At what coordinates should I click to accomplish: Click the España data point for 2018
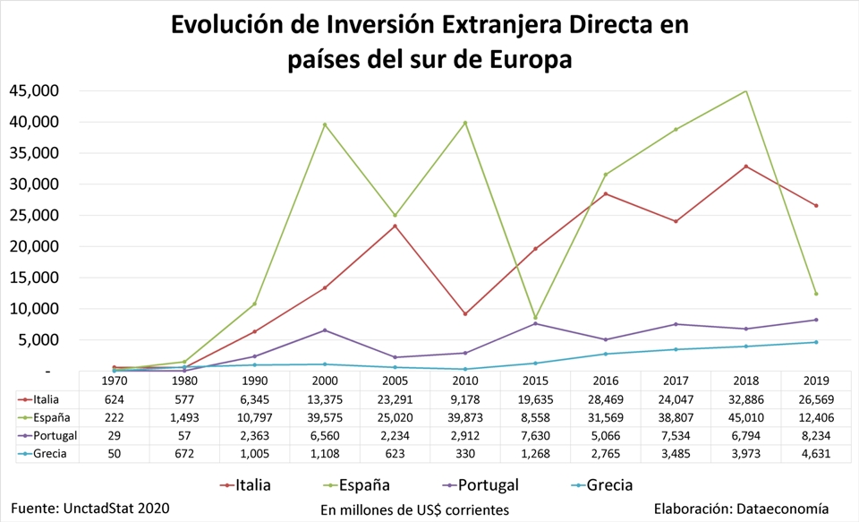click(745, 90)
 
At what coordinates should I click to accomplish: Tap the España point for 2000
click(324, 124)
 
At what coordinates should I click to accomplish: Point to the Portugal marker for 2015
click(535, 323)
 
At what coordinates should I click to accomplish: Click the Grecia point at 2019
click(816, 342)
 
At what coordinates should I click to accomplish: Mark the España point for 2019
click(816, 294)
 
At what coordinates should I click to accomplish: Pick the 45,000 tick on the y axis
click(35, 90)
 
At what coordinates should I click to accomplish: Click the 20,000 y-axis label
click(35, 246)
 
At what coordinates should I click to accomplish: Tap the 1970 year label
click(114, 380)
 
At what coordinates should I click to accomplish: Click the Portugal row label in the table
click(53, 435)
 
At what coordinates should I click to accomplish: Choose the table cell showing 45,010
click(745, 417)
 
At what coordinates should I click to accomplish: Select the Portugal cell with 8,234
click(816, 435)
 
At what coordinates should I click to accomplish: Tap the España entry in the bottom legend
click(363, 485)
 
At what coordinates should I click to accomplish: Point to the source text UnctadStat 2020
click(116, 508)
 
